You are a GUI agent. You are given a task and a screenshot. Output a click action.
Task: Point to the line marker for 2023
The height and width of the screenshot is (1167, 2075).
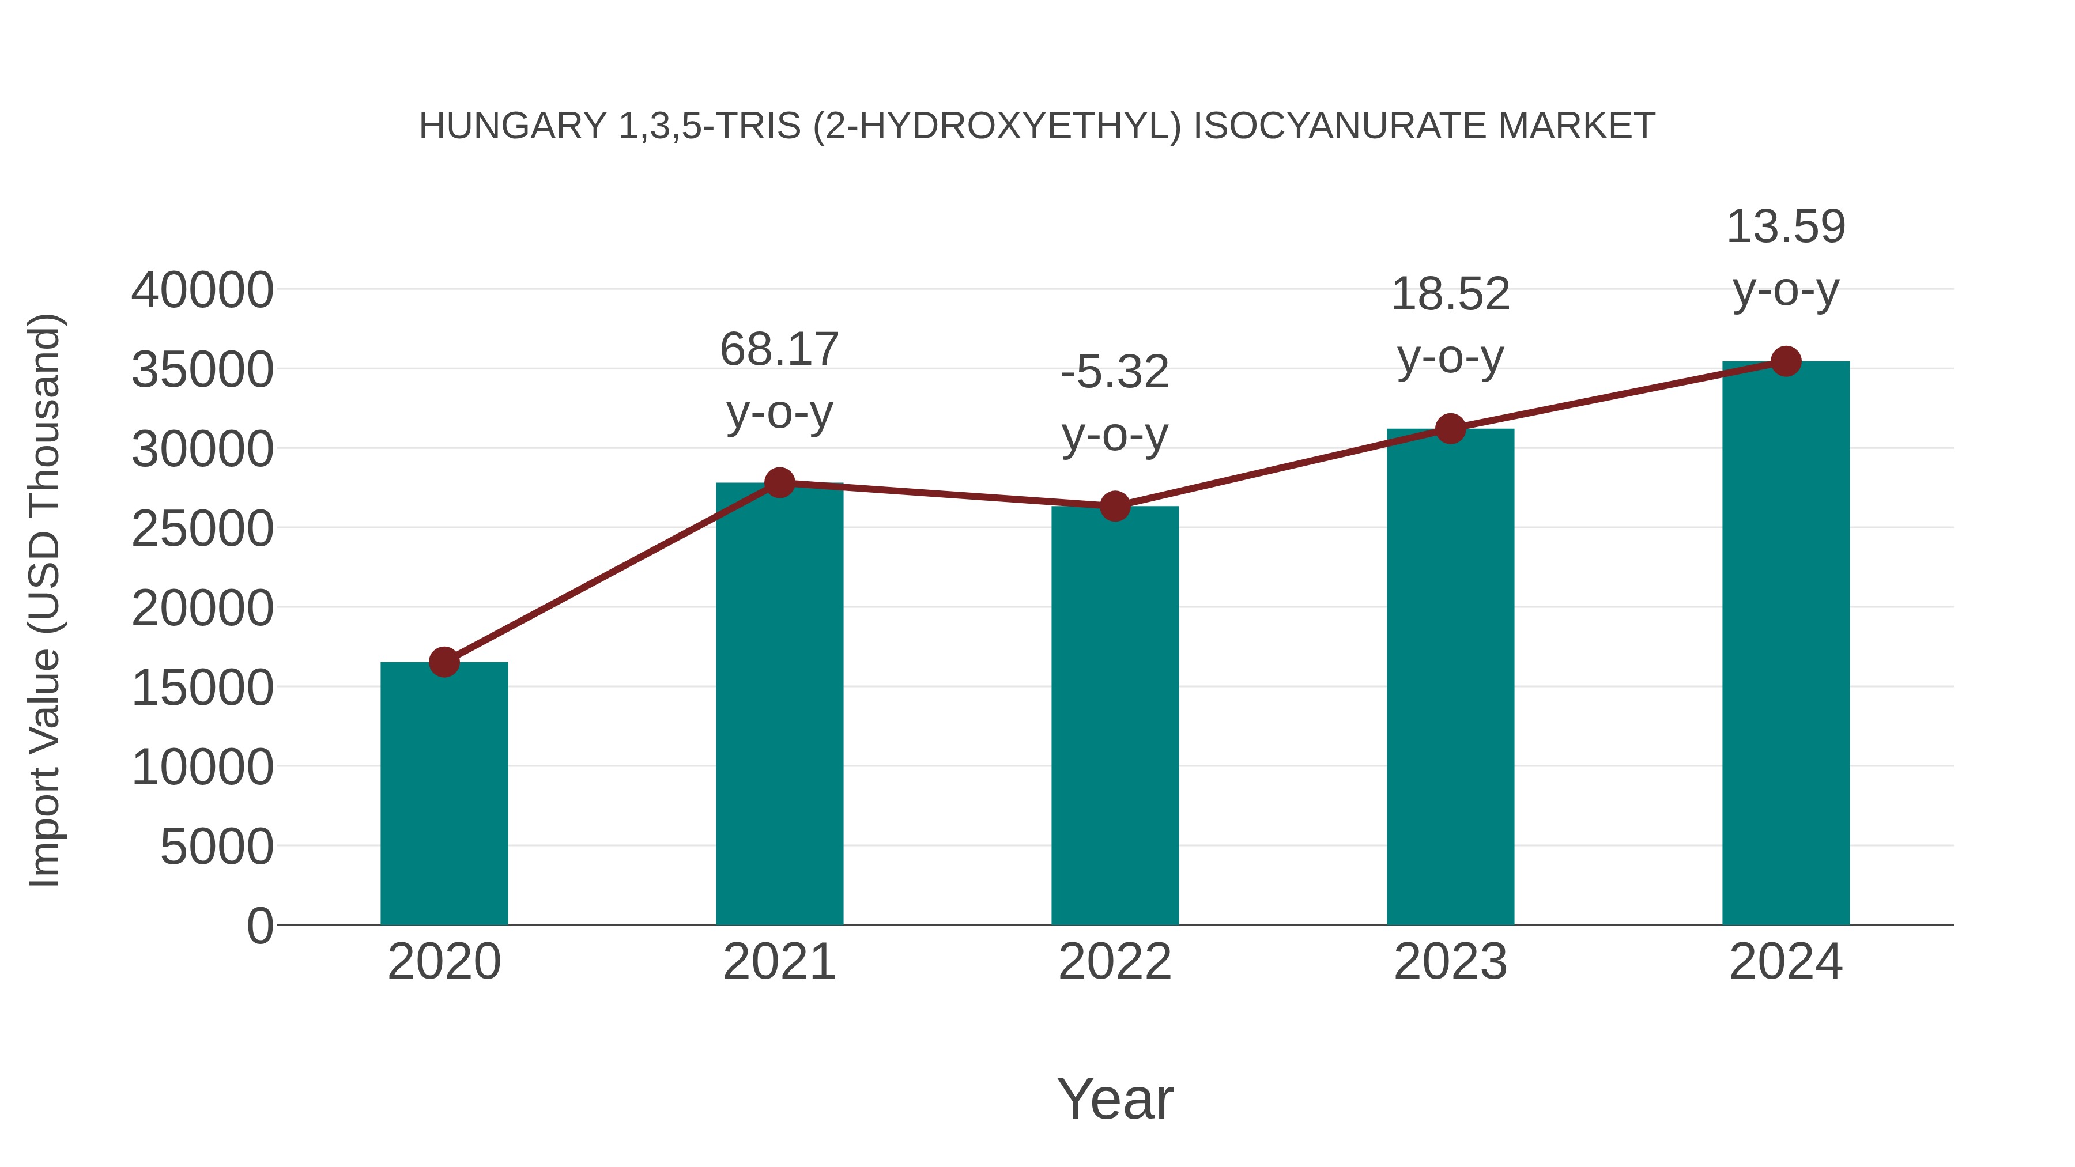1450,429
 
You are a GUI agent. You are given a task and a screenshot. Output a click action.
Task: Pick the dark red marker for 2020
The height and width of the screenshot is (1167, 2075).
444,662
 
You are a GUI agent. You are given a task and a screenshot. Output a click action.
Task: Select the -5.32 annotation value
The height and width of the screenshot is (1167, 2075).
1115,372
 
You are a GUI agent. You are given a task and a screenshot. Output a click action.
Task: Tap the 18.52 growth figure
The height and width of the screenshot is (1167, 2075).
1450,294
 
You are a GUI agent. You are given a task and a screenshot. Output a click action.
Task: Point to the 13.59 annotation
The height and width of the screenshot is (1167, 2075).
1786,226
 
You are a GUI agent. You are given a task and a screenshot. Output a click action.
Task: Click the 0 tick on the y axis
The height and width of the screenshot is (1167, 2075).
260,926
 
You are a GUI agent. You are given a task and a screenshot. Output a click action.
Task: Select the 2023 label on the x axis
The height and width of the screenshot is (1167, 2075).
1450,962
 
